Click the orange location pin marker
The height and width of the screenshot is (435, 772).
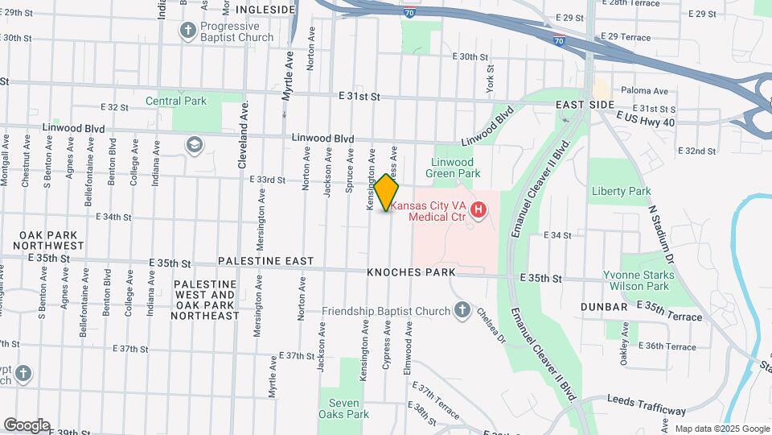(387, 193)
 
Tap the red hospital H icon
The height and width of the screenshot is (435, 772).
(479, 210)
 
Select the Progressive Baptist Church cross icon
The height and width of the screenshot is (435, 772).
(187, 31)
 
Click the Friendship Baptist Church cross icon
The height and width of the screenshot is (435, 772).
(462, 310)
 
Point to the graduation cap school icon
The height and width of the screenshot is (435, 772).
(193, 145)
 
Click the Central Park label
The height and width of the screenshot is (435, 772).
(176, 101)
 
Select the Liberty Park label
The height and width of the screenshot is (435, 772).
(621, 191)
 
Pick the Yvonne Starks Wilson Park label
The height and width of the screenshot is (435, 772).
(636, 280)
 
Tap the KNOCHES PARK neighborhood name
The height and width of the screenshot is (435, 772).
(411, 273)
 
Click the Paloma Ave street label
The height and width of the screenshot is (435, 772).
(643, 91)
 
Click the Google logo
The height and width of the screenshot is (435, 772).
(27, 425)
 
